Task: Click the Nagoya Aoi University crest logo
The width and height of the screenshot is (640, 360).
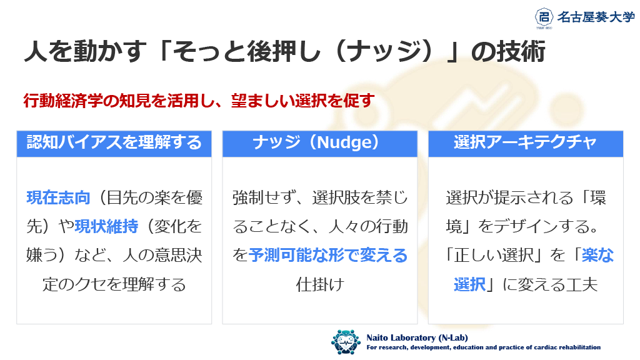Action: [544, 17]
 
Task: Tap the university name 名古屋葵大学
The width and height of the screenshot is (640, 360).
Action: [596, 17]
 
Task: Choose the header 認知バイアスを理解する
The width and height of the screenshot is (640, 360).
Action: [114, 142]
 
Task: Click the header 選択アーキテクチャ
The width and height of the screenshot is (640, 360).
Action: [525, 142]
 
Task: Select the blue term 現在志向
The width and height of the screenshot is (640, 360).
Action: [58, 197]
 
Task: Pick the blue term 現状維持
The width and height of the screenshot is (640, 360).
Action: [106, 226]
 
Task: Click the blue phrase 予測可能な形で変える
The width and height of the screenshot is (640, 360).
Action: [328, 255]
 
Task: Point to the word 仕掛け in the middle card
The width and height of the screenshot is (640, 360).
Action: [320, 284]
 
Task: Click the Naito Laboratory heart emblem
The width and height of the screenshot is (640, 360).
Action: [346, 342]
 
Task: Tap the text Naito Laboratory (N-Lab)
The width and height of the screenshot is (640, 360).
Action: [417, 337]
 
